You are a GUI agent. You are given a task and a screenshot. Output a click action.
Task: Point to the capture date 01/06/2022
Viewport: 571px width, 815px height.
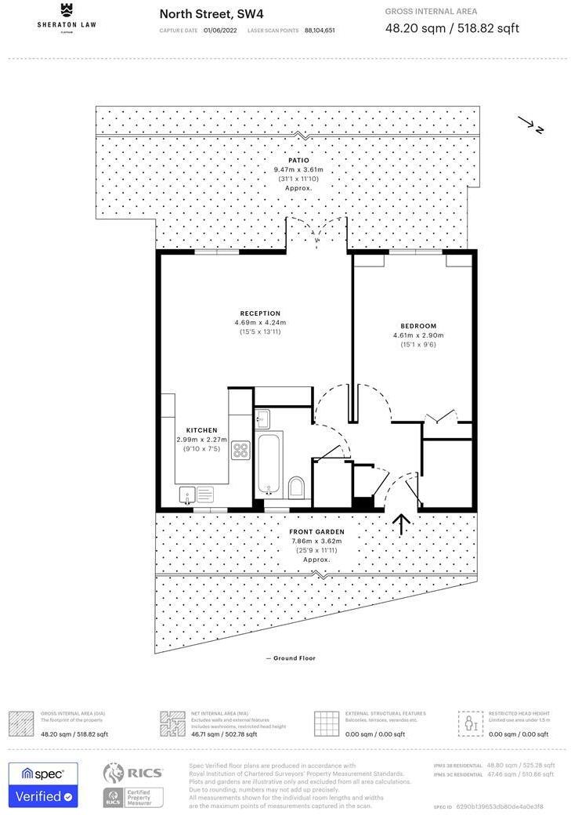[219, 31]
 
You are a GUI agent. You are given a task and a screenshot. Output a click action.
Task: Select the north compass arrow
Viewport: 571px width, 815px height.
[529, 125]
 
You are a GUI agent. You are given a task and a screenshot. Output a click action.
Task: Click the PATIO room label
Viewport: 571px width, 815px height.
[298, 161]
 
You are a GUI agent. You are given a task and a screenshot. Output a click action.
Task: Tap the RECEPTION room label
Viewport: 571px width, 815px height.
[260, 313]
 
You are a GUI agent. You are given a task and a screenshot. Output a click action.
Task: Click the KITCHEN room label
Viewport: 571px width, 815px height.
[201, 430]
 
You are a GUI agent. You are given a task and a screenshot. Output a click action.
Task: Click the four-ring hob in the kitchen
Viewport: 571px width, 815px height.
[240, 451]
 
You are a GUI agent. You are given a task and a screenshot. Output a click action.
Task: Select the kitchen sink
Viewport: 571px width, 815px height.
[187, 494]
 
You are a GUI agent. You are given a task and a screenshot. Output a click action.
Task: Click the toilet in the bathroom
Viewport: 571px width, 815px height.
[295, 488]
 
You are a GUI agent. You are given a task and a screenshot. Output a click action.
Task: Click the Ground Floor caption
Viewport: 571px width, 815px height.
[291, 658]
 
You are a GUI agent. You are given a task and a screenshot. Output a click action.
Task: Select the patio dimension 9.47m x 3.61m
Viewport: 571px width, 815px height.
[298, 170]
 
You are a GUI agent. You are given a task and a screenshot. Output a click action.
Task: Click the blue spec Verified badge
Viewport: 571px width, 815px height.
[43, 785]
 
